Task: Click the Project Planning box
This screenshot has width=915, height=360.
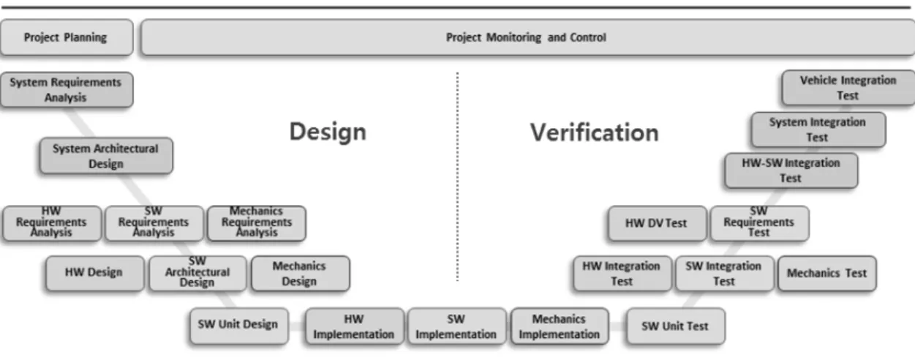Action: pos(67,37)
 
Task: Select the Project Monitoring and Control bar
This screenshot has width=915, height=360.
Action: pos(527,37)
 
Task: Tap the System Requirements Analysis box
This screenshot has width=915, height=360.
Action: pos(67,90)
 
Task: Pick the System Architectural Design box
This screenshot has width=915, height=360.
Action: pos(106,156)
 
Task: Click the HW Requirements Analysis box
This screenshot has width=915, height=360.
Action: pos(52,223)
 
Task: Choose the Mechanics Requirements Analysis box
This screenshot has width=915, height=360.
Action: pos(257,223)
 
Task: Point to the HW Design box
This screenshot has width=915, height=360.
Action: pos(95,273)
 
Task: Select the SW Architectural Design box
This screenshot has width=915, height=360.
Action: pos(197,273)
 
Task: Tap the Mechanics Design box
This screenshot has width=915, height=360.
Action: pos(300,273)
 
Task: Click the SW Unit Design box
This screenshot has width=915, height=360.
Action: pos(239,326)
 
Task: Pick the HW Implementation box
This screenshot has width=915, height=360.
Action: pos(355,326)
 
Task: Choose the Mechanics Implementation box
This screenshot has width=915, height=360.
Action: pos(560,326)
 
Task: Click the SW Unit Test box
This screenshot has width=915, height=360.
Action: pos(676,326)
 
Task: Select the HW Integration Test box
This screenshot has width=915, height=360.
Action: pos(622,273)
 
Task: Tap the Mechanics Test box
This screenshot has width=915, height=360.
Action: pos(827,273)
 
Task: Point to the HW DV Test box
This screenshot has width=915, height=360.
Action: pos(658,223)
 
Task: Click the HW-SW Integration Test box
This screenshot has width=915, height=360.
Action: pos(791,170)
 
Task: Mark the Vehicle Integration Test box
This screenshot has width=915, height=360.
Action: pos(848,88)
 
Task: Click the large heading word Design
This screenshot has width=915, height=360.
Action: pos(328,132)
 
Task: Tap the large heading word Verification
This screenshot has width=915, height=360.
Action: pos(595,132)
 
